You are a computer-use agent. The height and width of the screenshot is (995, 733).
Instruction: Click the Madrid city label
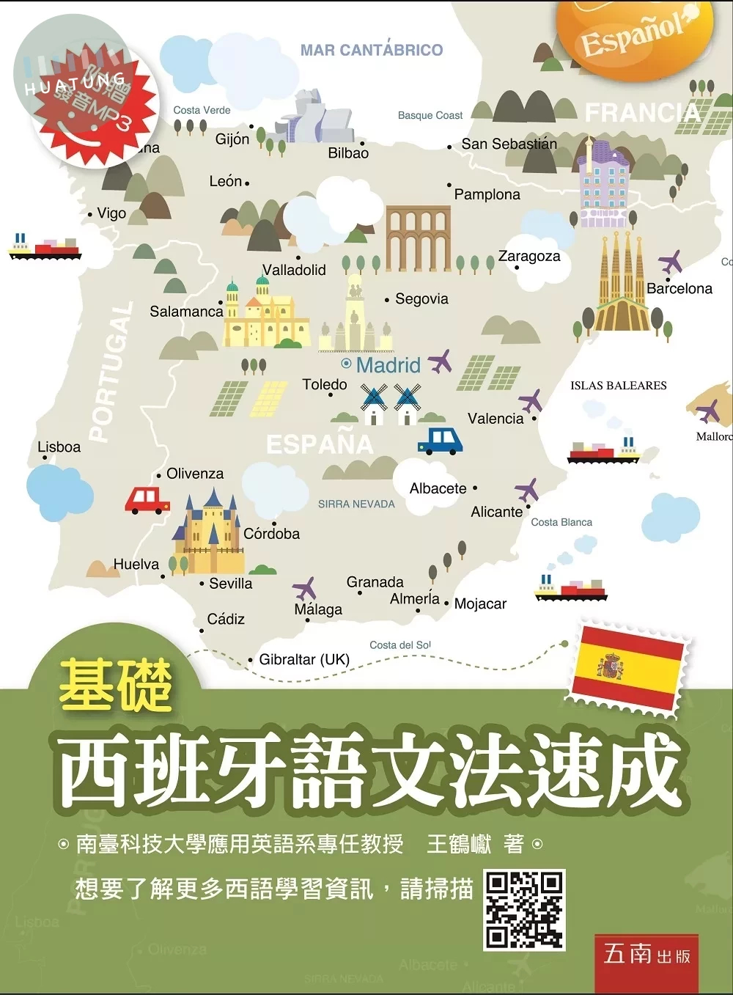(x=388, y=364)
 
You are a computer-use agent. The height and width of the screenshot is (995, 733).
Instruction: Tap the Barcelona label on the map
(x=679, y=288)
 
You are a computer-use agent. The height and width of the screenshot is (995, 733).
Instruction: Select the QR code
(x=524, y=909)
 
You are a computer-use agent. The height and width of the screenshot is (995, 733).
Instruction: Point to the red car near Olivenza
(x=147, y=500)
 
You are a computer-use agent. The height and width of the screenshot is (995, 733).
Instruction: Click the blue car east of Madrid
(x=440, y=440)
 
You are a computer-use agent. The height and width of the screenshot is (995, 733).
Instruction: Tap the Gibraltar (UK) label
(x=304, y=659)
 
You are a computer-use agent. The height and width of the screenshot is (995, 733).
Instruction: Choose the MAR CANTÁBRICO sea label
(x=372, y=50)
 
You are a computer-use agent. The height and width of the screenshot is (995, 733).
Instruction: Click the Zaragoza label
(x=529, y=256)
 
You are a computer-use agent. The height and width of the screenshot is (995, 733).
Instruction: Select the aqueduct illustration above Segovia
(x=418, y=238)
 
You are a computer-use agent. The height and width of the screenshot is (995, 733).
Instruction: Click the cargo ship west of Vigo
(x=45, y=247)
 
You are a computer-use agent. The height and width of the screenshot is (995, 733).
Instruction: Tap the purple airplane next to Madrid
(x=440, y=361)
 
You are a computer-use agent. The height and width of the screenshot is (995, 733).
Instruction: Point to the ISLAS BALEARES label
(x=619, y=386)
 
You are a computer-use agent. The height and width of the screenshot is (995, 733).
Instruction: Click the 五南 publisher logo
(x=646, y=955)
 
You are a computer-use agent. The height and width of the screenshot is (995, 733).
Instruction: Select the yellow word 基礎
(x=116, y=685)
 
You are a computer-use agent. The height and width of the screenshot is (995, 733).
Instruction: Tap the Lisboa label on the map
(x=59, y=447)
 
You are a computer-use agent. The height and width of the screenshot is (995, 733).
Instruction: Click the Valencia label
(x=496, y=419)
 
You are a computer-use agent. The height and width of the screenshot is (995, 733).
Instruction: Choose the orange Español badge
(x=635, y=33)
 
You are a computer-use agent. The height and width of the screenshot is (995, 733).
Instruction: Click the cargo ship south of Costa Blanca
(x=571, y=589)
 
